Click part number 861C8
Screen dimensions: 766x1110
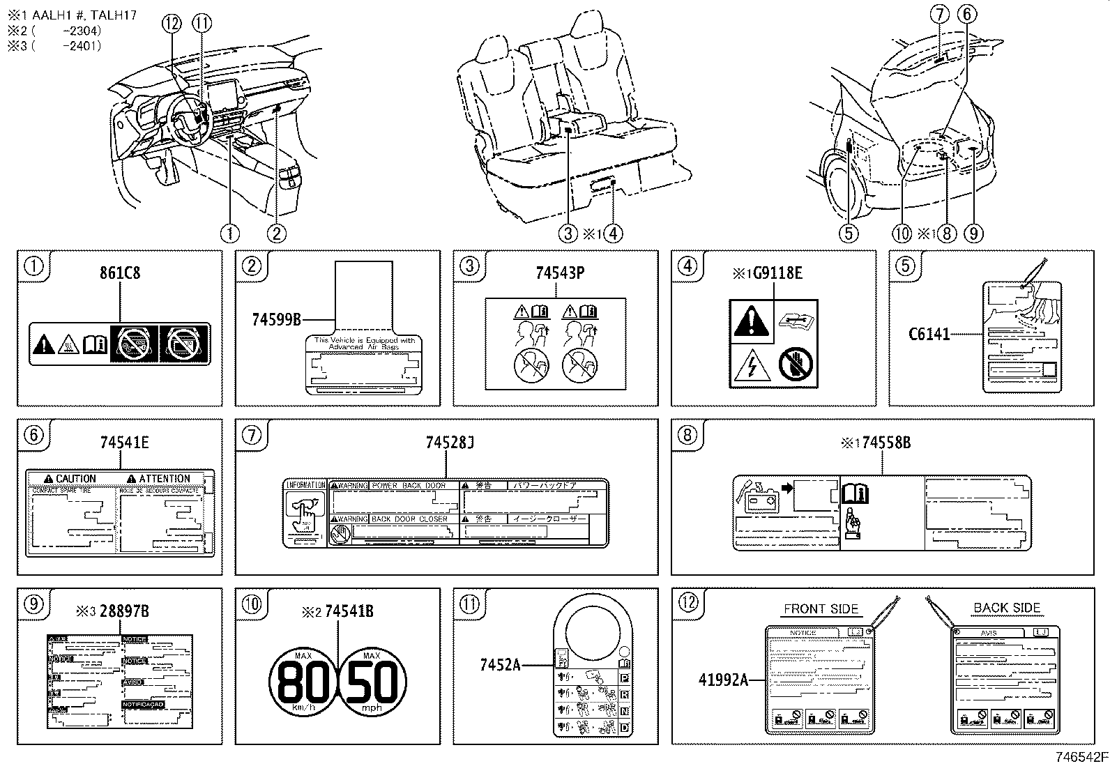(x=120, y=273)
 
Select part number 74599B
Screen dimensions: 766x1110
(x=277, y=320)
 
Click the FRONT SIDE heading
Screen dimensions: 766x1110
(x=821, y=608)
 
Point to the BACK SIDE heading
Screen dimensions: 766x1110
(x=1006, y=608)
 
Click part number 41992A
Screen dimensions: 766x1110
(x=723, y=679)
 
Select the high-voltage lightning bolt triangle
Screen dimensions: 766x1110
(x=751, y=365)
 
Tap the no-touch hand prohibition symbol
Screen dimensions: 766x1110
(x=796, y=365)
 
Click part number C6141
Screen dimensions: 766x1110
(x=929, y=334)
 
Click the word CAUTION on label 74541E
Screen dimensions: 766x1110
(x=75, y=479)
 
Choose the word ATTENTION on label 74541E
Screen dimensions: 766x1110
(x=164, y=479)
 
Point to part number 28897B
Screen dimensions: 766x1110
(x=123, y=611)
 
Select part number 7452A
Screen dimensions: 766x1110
(x=500, y=665)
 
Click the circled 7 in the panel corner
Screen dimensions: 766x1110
(x=252, y=435)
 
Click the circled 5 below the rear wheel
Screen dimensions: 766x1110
(x=848, y=233)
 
